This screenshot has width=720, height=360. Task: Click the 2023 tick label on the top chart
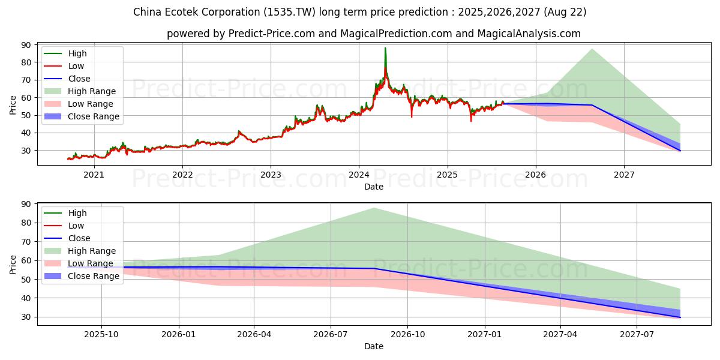point(271,175)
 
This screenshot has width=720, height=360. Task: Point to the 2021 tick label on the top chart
point(94,175)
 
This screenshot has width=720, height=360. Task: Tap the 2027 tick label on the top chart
point(624,175)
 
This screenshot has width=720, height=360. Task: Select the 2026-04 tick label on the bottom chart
point(254,335)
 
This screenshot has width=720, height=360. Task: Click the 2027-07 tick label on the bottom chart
point(637,335)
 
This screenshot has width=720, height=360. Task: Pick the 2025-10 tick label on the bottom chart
point(101,335)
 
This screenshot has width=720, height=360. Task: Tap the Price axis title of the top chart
point(13,105)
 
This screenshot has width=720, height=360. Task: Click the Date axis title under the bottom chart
point(374,346)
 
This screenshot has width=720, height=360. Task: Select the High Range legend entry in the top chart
point(92,91)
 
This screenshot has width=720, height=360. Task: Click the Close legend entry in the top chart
point(79,79)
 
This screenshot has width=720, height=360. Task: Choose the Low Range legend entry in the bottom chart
point(91,263)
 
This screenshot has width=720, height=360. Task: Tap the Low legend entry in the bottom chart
point(76,226)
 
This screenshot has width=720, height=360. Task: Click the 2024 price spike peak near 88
point(385,48)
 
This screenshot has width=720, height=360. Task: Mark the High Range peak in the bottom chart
point(374,208)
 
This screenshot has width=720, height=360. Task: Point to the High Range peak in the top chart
point(592,49)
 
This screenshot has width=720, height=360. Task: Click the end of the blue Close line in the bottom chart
point(680,317)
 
